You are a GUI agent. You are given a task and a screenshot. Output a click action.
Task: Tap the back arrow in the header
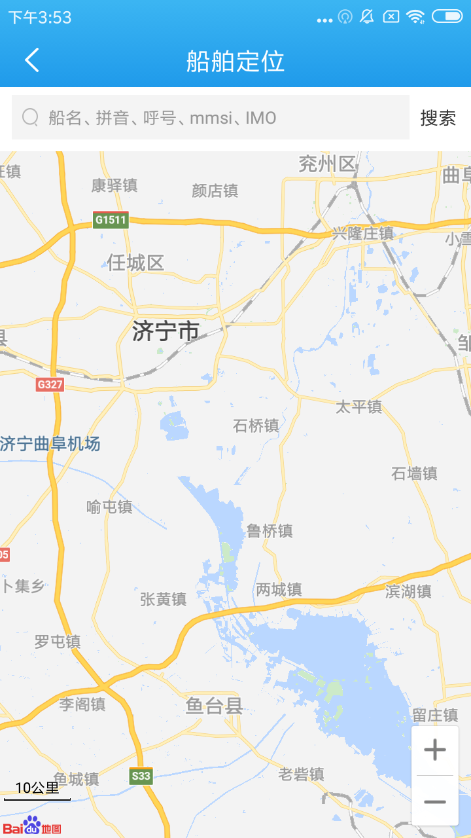click(x=32, y=60)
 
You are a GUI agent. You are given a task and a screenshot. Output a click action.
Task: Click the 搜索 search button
click(x=438, y=118)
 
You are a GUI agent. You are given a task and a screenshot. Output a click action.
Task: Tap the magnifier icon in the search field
click(x=30, y=117)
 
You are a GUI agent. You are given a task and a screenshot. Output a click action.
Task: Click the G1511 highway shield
click(x=110, y=219)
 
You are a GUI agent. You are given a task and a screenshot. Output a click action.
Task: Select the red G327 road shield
click(x=50, y=384)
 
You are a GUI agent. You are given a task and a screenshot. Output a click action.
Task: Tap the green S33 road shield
click(x=141, y=776)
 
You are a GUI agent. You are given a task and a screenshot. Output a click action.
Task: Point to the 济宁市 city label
click(x=166, y=331)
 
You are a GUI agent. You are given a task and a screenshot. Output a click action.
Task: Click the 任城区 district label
click(x=135, y=263)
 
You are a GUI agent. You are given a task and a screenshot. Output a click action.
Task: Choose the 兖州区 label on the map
click(x=327, y=164)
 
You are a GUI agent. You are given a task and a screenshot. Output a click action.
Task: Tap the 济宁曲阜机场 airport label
click(x=50, y=444)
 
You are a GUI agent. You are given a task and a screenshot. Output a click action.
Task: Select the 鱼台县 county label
click(x=214, y=705)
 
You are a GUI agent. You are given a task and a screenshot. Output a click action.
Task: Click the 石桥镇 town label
click(x=256, y=426)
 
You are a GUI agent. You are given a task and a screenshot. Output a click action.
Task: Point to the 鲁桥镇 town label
click(x=269, y=530)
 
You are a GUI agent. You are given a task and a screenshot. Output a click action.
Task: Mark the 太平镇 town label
click(x=358, y=407)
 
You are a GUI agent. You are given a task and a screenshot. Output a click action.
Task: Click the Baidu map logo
click(x=32, y=826)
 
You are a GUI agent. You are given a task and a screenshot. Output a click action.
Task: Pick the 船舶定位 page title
click(x=235, y=61)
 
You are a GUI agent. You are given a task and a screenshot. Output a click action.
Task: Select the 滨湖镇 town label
click(x=408, y=591)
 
